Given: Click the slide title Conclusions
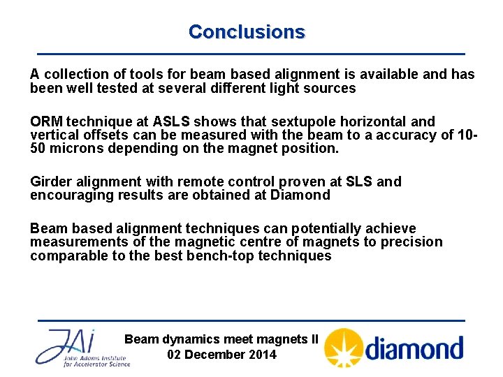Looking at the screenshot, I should coord(247,32).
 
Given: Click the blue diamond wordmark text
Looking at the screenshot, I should coord(414,348).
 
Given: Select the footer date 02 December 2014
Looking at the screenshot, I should coord(221,355).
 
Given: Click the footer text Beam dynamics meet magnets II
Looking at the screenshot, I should coord(221,339).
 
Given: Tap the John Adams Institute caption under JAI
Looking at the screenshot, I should coord(96,360).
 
